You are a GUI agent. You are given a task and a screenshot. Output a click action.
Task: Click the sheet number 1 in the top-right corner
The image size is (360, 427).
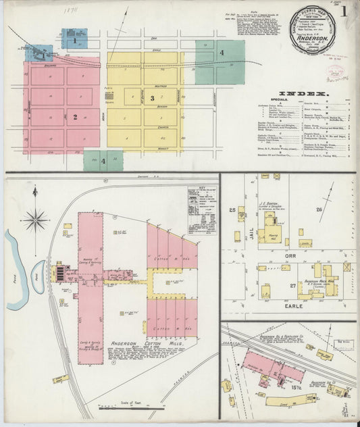(x=344, y=11)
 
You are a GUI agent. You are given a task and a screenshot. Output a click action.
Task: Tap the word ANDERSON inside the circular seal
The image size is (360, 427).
(x=311, y=39)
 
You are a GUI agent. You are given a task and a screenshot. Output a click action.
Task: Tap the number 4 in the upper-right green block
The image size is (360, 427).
(x=221, y=51)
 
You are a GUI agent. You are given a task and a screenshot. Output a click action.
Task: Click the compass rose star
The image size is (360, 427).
(x=35, y=220)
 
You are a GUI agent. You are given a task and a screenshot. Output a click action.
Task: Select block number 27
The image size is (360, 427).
(x=292, y=286)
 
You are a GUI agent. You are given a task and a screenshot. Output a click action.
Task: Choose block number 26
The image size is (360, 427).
(x=319, y=209)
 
